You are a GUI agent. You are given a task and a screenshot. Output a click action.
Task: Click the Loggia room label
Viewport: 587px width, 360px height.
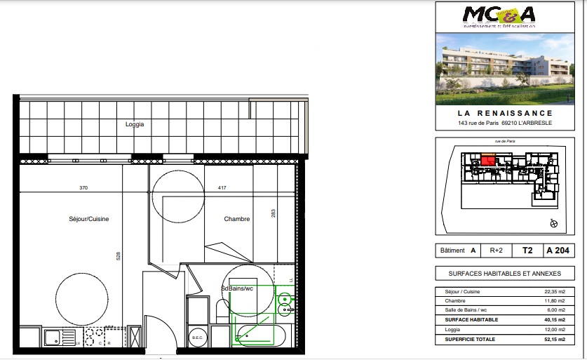point(135,124)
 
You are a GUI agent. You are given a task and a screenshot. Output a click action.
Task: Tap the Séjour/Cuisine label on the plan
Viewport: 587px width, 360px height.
point(89,219)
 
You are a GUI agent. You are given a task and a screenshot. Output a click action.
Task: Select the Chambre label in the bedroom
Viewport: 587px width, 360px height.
point(237,219)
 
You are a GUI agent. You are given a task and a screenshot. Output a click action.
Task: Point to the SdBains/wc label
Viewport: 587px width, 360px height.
point(237,288)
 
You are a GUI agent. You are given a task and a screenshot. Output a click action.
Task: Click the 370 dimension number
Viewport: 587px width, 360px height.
point(83,187)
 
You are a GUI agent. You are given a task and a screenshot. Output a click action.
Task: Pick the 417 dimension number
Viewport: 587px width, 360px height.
point(222,187)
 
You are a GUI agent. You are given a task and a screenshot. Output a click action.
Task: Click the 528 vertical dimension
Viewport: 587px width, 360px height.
point(118,256)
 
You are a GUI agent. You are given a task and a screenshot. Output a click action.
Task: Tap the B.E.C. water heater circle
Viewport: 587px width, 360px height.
point(198,338)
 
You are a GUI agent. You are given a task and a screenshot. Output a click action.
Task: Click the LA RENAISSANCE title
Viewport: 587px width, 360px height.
point(505,113)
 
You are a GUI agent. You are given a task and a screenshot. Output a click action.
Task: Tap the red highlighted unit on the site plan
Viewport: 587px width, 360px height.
point(488,161)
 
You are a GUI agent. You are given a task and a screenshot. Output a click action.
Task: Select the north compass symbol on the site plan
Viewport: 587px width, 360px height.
point(553,224)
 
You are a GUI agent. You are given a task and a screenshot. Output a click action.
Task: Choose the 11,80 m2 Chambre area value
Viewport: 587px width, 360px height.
point(553,301)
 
